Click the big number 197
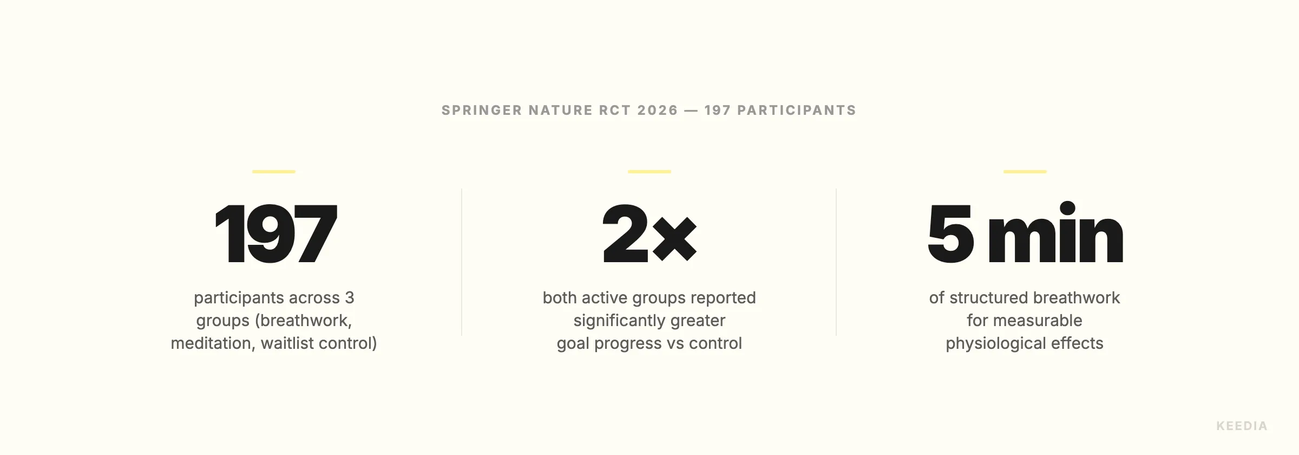click(275, 234)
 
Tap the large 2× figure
click(649, 234)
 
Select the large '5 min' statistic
click(1025, 234)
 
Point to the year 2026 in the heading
click(658, 110)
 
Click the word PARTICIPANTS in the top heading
click(797, 110)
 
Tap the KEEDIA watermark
click(1242, 426)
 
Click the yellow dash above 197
click(274, 172)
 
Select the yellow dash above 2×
click(649, 172)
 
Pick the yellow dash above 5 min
click(1025, 172)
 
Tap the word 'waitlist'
click(287, 343)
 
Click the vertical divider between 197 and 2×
click(462, 262)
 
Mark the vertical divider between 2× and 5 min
click(836, 262)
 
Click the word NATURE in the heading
click(560, 110)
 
